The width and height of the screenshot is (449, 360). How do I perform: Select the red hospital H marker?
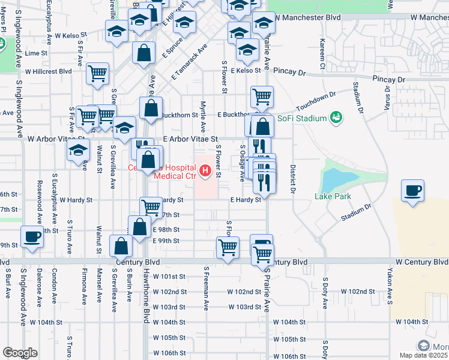(x=206, y=173)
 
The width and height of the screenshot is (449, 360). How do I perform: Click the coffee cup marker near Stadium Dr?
(x=413, y=191)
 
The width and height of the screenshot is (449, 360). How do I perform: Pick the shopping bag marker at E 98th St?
(x=140, y=227)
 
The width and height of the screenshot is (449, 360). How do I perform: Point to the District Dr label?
(x=293, y=179)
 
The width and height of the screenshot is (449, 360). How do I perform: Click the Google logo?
(x=20, y=353)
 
